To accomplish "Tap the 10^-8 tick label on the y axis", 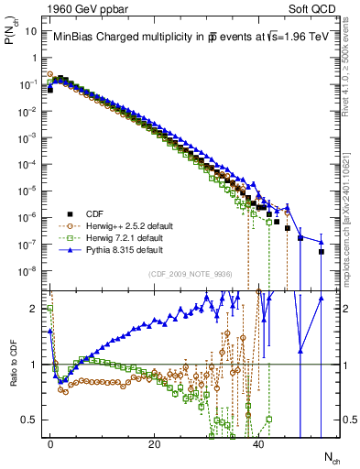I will point(31,271).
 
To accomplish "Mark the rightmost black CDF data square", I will point(322,251).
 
